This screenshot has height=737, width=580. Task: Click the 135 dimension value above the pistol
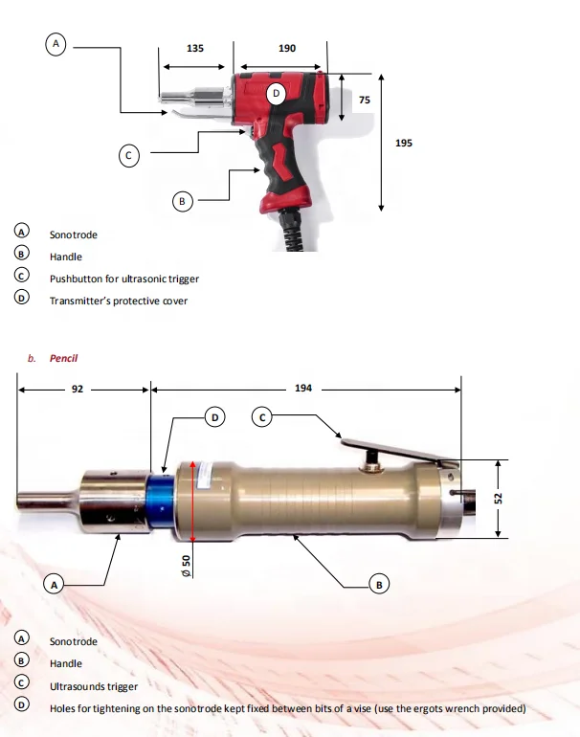coord(194,47)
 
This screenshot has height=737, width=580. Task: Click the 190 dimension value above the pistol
coord(286,47)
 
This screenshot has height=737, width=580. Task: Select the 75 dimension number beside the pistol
coord(364,100)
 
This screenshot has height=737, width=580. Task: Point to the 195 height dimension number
coord(404,143)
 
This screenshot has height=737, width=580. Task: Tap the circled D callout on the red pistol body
coord(276,93)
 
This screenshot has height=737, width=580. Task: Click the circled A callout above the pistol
coord(56,44)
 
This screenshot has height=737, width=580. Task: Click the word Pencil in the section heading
coord(63,358)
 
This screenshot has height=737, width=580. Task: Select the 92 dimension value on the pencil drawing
coord(78,390)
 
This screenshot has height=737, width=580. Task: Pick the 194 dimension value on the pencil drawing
coord(302,390)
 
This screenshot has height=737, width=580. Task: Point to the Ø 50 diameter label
coord(188,565)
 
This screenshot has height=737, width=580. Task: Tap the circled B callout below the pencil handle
coord(379,584)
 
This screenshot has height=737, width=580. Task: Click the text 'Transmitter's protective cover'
coord(119,301)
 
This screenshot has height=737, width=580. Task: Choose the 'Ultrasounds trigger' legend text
coord(94,686)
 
